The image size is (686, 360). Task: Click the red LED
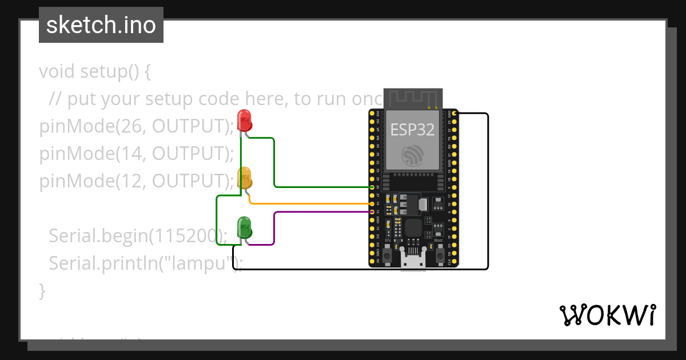[x=245, y=120]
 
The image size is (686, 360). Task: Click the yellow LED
[x=245, y=177]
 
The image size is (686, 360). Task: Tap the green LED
[x=245, y=227]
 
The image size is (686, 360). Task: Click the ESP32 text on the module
[x=412, y=129]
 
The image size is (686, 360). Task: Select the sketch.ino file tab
[x=101, y=25]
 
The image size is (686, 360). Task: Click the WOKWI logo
[x=607, y=315]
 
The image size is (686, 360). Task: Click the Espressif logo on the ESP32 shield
[x=412, y=155]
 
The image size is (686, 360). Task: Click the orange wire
[x=309, y=203]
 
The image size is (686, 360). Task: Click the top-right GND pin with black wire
[x=452, y=114]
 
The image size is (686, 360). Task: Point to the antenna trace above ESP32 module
[x=412, y=98]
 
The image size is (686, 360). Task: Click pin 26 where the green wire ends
[x=373, y=187]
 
